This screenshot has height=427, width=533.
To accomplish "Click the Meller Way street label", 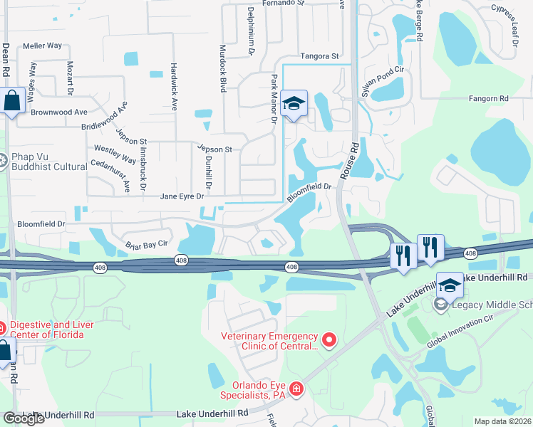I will pyautogui.click(x=43, y=46).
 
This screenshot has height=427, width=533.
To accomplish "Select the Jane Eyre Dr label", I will pyautogui.click(x=182, y=196).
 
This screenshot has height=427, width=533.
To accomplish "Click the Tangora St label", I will pyautogui.click(x=319, y=56).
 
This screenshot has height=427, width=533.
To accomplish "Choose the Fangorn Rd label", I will pyautogui.click(x=488, y=98).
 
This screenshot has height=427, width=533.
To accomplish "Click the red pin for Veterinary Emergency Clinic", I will pyautogui.click(x=328, y=341).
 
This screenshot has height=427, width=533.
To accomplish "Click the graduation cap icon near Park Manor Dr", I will pyautogui.click(x=294, y=104).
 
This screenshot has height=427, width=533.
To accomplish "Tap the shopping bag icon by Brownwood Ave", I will pyautogui.click(x=12, y=101).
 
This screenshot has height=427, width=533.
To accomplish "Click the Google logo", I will pyautogui.click(x=24, y=418).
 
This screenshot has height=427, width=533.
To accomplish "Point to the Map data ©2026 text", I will pyautogui.click(x=503, y=421).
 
